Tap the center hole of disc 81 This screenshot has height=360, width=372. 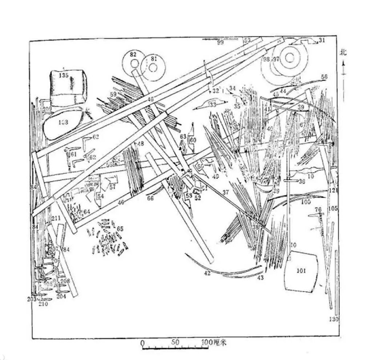[153, 68]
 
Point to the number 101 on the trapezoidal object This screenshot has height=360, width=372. [301, 270]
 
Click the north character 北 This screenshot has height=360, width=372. [343, 52]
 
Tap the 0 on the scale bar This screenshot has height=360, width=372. [142, 343]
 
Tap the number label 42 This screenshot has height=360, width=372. [207, 273]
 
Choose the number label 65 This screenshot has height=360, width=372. [120, 229]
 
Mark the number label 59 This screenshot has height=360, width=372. [113, 94]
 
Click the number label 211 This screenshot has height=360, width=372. [56, 218]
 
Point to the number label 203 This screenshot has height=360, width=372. [32, 299]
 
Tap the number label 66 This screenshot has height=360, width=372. [150, 198]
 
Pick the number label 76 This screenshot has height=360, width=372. [318, 209]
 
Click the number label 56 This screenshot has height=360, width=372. [324, 77]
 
